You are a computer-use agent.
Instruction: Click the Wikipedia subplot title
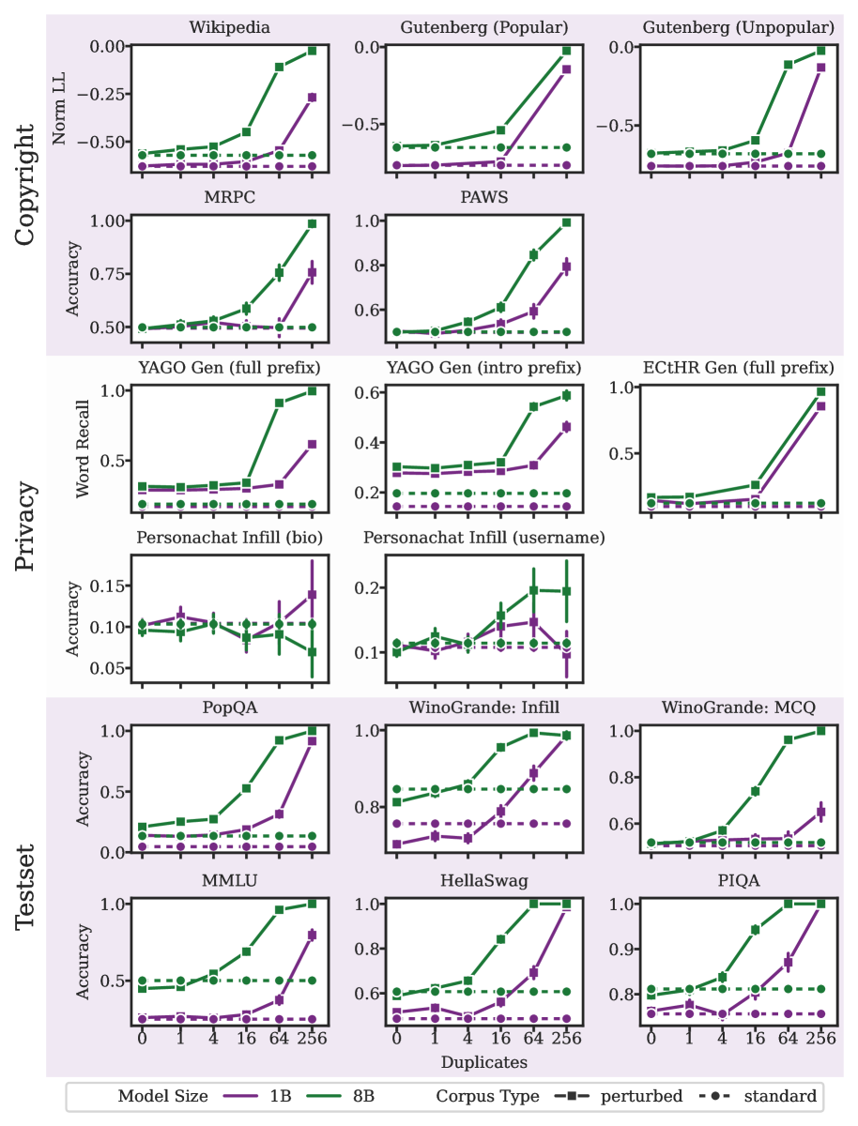(x=229, y=27)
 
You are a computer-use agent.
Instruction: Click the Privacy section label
(x=26, y=526)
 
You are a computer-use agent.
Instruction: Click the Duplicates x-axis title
(x=483, y=1062)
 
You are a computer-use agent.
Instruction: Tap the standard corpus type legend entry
(x=760, y=1095)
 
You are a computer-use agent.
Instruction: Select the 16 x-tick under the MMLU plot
(x=247, y=1039)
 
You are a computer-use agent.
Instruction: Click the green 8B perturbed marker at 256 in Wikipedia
(x=312, y=51)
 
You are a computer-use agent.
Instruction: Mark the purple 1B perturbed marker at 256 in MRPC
(x=312, y=272)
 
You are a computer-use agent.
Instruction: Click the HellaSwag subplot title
(x=483, y=883)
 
